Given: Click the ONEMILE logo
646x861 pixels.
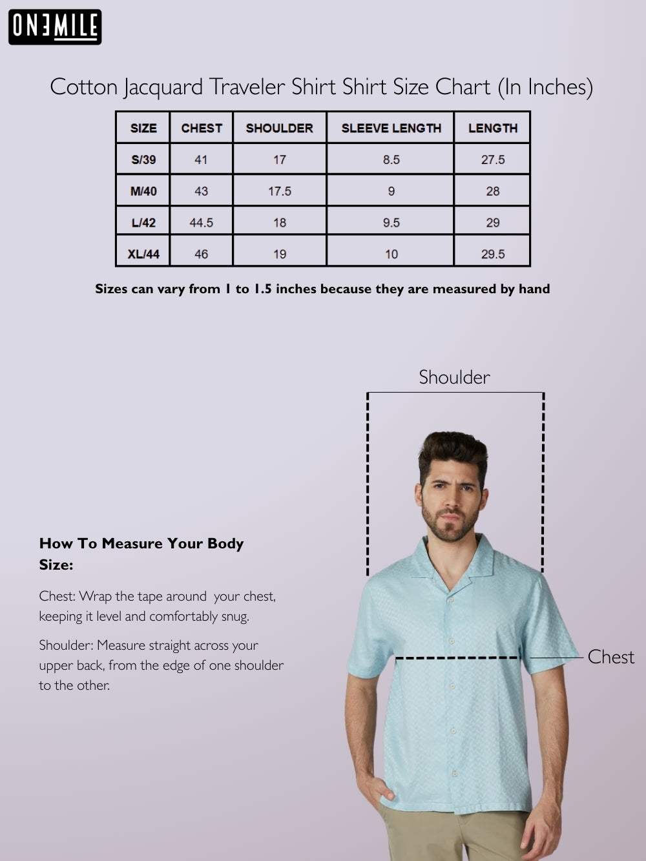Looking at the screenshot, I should [55, 26].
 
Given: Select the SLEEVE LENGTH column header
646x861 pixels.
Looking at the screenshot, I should [391, 128].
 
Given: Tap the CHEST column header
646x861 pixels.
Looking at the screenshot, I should [202, 128].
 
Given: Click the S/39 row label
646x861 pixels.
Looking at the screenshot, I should [143, 160].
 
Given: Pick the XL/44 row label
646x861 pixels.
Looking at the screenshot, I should [143, 254].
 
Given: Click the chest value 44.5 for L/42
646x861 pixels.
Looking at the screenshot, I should [201, 223].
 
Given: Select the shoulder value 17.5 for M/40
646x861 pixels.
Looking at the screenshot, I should [280, 191].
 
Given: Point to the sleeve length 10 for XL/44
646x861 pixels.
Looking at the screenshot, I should [391, 254].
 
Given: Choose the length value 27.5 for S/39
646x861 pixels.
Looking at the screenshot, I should [493, 160].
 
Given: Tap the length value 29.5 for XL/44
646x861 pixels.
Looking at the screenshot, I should [493, 254].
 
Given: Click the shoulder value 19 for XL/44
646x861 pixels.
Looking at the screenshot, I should [280, 254].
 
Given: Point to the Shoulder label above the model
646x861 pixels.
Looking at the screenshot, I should [454, 377].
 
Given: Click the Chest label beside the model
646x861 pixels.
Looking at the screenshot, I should [610, 657].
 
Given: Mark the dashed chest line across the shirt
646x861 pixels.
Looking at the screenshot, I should [457, 658].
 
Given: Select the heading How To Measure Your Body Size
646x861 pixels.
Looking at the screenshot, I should [141, 554].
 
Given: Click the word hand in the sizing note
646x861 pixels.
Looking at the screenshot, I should [534, 289].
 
